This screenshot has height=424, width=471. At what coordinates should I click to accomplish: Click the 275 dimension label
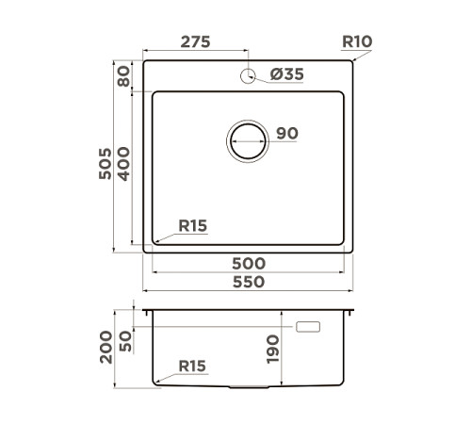point(194,42)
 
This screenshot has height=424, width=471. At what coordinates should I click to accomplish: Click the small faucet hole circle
point(249,76)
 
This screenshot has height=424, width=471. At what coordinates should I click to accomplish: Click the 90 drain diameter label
point(287,134)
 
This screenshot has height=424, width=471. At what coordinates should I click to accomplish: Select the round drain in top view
point(248,141)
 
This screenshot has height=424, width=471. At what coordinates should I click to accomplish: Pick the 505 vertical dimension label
point(106,166)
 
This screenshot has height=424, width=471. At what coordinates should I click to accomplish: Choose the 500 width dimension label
point(248,263)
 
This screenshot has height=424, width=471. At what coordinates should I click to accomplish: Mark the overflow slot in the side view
point(308,327)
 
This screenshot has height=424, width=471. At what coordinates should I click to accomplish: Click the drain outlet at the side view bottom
point(248,387)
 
